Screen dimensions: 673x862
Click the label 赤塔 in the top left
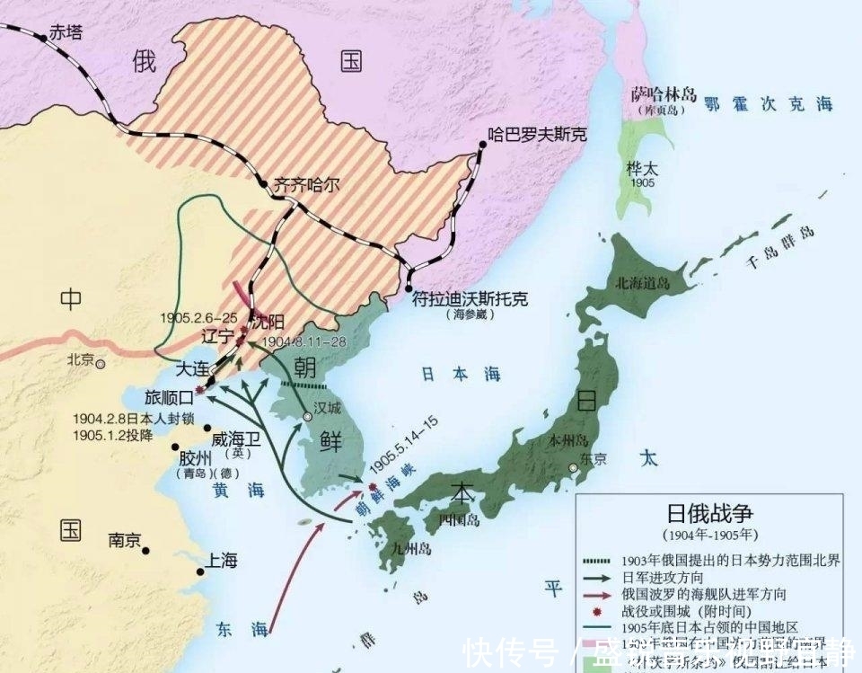pos(66,31)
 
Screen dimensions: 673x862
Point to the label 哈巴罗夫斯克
pos(537,135)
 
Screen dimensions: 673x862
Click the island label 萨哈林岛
pos(664,93)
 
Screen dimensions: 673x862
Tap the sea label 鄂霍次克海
pos(768,104)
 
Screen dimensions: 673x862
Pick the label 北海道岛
pos(642,282)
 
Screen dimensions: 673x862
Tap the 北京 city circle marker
pos(101,364)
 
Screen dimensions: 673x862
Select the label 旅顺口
pos(169,396)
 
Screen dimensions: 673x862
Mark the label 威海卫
pos(235,439)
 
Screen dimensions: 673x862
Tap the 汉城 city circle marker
pos(307,417)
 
